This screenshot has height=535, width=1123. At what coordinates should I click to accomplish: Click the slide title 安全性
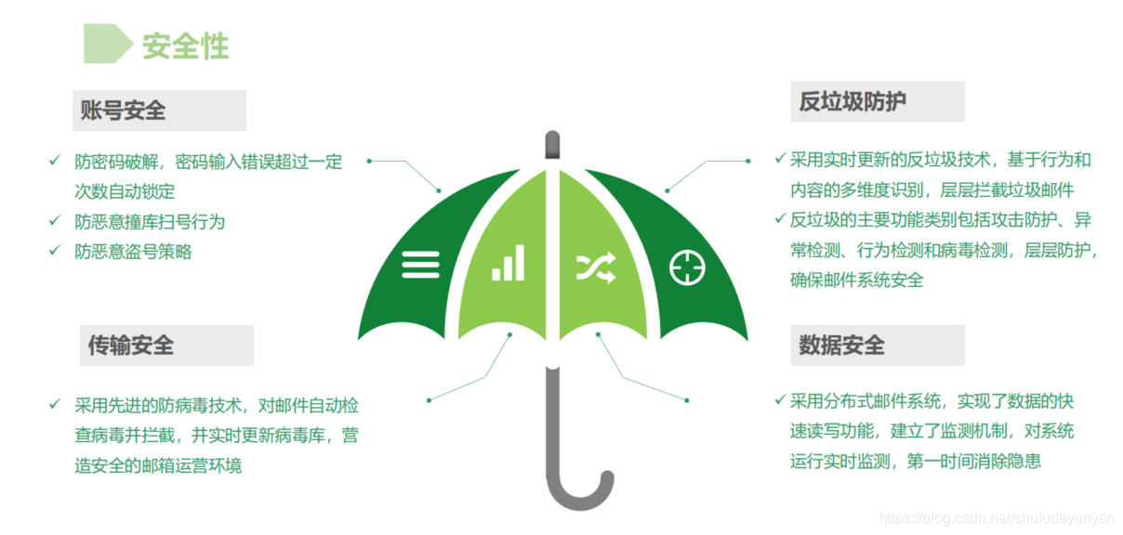pyautogui.click(x=185, y=46)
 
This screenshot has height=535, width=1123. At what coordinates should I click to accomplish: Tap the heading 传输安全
pyautogui.click(x=130, y=346)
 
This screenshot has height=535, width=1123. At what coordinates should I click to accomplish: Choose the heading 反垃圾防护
pyautogui.click(x=852, y=101)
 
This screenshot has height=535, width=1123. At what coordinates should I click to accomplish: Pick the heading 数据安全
pyautogui.click(x=841, y=346)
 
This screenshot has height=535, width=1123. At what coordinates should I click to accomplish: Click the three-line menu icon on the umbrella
pyautogui.click(x=420, y=265)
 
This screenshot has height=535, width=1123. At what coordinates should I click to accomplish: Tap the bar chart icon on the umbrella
pyautogui.click(x=508, y=263)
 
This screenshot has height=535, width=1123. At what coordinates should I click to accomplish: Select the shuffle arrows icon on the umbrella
pyautogui.click(x=595, y=267)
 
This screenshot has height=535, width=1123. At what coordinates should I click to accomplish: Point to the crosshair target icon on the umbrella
pyautogui.click(x=687, y=267)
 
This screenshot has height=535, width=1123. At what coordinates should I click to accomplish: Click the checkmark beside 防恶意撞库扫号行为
pyautogui.click(x=54, y=221)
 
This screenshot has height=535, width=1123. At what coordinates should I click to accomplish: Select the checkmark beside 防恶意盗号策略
pyautogui.click(x=54, y=251)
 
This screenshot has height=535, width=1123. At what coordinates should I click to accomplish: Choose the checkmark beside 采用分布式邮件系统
pyautogui.click(x=780, y=400)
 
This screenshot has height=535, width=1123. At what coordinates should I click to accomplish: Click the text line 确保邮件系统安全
pyautogui.click(x=856, y=280)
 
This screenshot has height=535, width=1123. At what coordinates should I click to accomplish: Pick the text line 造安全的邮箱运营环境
pyautogui.click(x=158, y=465)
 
